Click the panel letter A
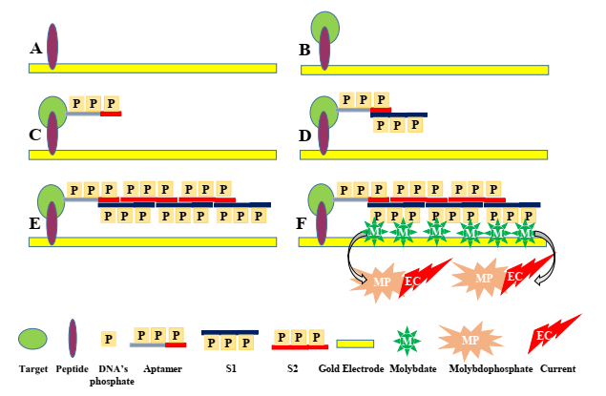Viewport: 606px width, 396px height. [x=36, y=48]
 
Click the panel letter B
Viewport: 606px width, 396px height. [x=305, y=47]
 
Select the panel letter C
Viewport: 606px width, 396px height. [x=35, y=134]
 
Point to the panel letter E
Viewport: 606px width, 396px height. [x=35, y=224]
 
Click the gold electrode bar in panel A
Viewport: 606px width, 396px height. [x=153, y=68]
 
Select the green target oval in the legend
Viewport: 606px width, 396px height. [x=33, y=339]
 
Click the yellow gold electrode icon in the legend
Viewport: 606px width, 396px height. [x=356, y=342]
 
